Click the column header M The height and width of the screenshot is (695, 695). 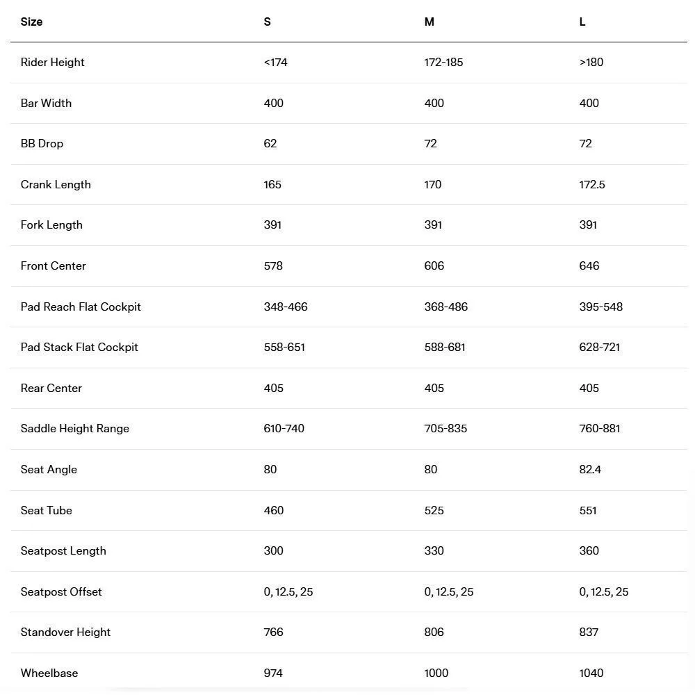[429, 22]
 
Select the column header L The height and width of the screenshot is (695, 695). [582, 22]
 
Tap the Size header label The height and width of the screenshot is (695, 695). [31, 22]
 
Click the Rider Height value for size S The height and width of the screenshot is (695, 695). [275, 63]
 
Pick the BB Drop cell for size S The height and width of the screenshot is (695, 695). [270, 144]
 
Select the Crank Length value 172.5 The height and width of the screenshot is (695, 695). [592, 185]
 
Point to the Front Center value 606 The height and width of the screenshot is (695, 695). [434, 266]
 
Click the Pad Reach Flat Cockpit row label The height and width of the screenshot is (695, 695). [81, 307]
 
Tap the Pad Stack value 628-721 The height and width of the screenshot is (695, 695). [599, 347]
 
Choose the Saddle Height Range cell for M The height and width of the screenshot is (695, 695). [445, 429]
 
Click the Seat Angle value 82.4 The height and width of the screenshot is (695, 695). [590, 470]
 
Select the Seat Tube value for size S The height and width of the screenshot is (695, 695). [274, 511]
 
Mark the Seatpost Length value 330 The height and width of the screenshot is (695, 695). [434, 551]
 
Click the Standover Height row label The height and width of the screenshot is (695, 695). [65, 632]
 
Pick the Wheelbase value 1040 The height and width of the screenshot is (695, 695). [591, 673]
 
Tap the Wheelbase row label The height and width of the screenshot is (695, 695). [49, 673]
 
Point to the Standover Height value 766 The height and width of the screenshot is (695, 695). [273, 632]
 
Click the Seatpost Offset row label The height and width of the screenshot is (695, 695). [61, 592]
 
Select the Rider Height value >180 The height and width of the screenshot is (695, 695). [591, 63]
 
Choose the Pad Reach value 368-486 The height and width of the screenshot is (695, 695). [445, 307]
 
